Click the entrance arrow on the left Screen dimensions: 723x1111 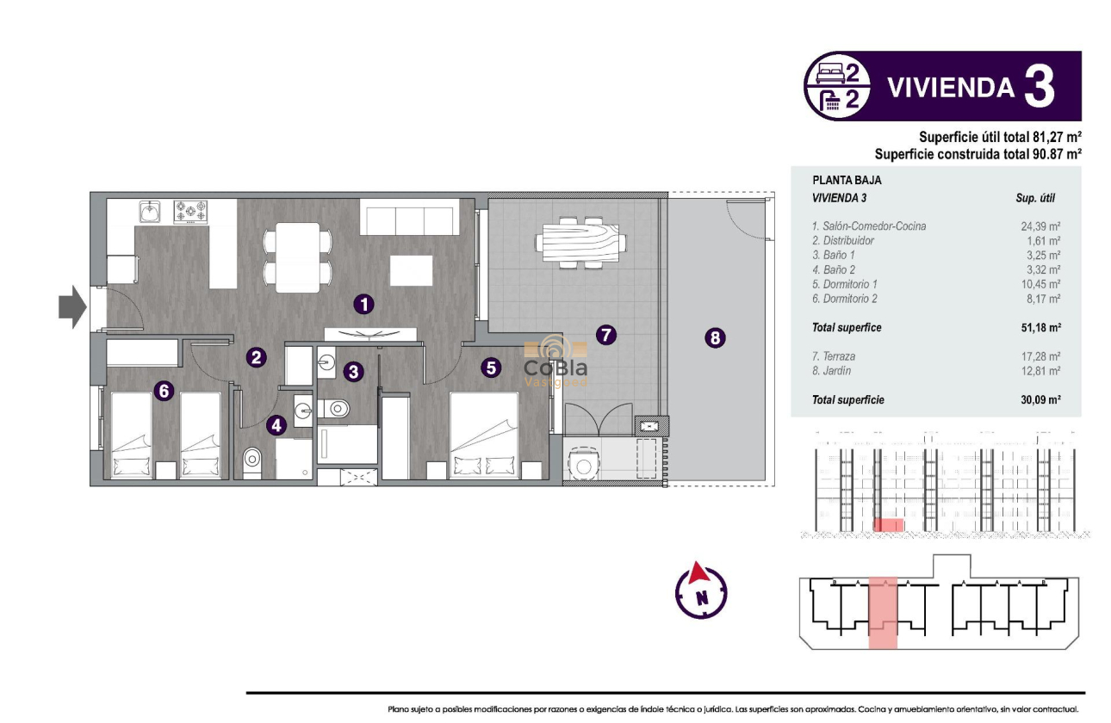click(72, 306)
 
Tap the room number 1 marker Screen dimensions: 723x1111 click(365, 303)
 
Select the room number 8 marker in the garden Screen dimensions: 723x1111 click(714, 338)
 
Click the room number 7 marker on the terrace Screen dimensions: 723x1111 click(606, 335)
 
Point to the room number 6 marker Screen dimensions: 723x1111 click(164, 391)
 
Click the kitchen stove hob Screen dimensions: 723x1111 click(191, 211)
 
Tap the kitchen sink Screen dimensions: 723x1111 click(151, 211)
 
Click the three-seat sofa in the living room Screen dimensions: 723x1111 click(409, 218)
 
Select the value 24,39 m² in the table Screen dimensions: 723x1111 click(1040, 226)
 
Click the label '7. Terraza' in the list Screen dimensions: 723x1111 click(834, 356)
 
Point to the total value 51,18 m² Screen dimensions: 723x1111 click(1040, 328)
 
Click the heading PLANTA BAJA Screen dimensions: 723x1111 click(847, 181)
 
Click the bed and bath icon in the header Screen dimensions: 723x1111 click(836, 86)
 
